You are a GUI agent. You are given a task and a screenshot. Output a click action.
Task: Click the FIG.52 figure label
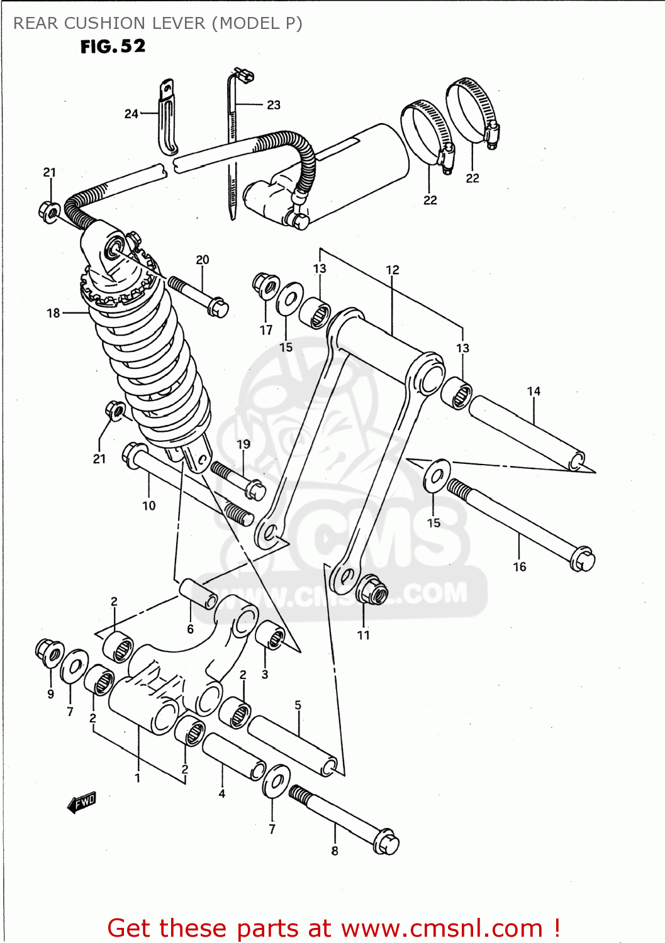point(113,47)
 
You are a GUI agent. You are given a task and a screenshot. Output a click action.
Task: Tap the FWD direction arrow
point(82,802)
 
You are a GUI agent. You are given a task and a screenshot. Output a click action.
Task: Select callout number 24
point(131,114)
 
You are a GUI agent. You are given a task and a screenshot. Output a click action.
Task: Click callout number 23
point(274,105)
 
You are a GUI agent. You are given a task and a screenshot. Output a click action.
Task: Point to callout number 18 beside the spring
point(53,313)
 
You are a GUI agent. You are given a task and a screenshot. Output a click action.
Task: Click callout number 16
point(519,567)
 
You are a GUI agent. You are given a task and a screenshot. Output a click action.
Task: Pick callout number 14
point(534,391)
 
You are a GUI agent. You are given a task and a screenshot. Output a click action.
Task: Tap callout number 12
point(392,270)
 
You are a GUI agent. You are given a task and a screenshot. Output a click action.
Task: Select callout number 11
point(364,635)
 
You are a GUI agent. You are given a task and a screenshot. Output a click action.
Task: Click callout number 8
point(335,851)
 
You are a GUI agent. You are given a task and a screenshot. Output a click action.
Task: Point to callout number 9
point(50,694)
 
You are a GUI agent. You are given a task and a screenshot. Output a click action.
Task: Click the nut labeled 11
point(371,591)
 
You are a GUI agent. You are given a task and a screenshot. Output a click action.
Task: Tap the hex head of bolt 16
point(582,560)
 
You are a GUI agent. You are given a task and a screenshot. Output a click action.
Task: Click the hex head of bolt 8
point(386,843)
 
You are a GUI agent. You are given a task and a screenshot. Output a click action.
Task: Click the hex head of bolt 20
point(218,307)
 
